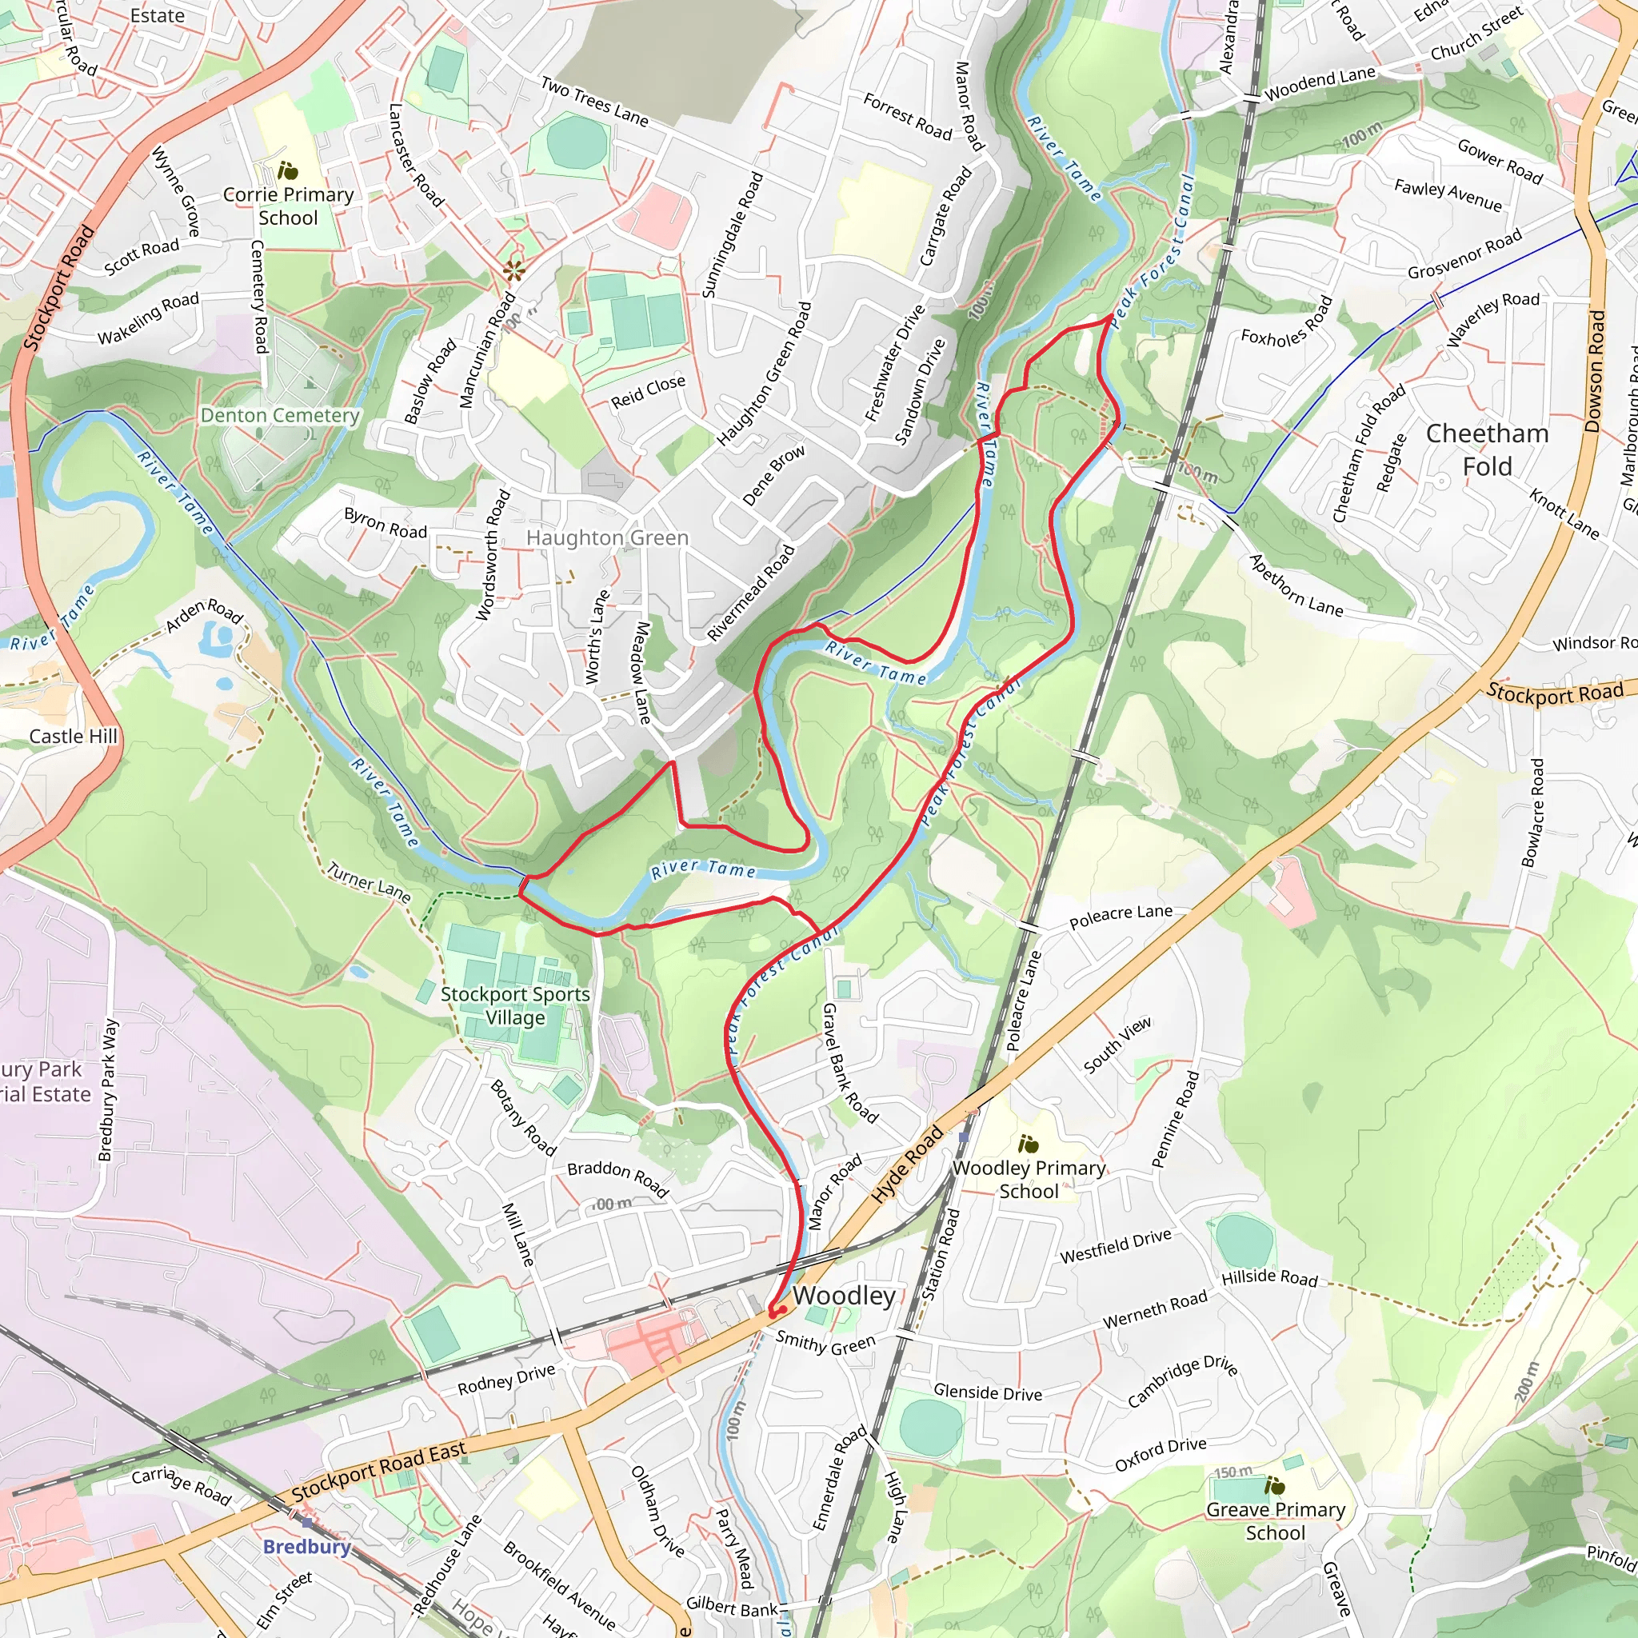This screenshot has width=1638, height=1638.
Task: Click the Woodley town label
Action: pos(844,1296)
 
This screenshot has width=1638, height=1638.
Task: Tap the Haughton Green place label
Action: pos(607,538)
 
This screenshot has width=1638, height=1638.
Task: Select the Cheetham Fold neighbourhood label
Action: pos(1487,450)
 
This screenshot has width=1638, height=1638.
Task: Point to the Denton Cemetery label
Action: pos(280,415)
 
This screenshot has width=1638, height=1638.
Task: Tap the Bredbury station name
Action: pos(306,1547)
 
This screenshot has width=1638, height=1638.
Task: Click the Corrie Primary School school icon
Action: pos(288,170)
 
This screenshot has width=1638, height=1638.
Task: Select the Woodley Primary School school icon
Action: pos(1029,1144)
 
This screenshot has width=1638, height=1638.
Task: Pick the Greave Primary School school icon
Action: pos(1274,1486)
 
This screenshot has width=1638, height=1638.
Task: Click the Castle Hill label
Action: pos(73,736)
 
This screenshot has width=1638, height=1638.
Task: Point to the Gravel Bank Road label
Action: pos(849,1063)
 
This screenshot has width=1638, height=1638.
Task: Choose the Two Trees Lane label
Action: pos(594,102)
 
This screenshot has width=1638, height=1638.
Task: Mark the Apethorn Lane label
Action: pos(1296,585)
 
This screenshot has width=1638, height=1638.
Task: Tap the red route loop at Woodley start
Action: pos(776,1312)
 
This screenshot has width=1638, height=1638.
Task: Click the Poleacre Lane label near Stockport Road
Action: pos(1121,917)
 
